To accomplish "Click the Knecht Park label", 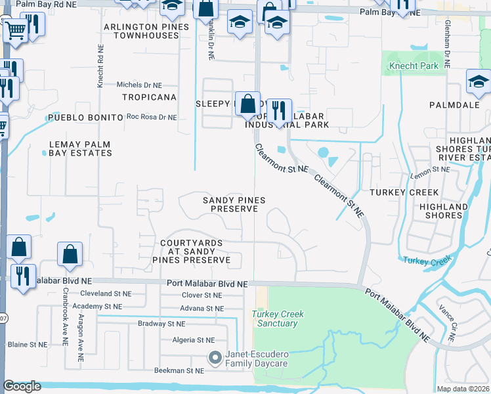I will (413, 66).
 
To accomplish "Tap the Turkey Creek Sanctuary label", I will (278, 318).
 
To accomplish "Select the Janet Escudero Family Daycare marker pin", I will (215, 359).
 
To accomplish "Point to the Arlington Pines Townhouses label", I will (146, 31).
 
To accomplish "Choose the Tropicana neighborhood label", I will (149, 97).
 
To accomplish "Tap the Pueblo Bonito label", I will (85, 118).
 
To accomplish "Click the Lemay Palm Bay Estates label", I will (79, 148).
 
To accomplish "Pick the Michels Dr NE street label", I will (139, 85).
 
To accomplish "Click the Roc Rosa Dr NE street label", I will (152, 118).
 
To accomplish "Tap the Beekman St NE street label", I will (179, 371).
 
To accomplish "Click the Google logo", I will (22, 386).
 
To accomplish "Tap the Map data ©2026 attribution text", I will (463, 389).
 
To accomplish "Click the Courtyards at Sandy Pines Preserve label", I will (196, 252).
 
